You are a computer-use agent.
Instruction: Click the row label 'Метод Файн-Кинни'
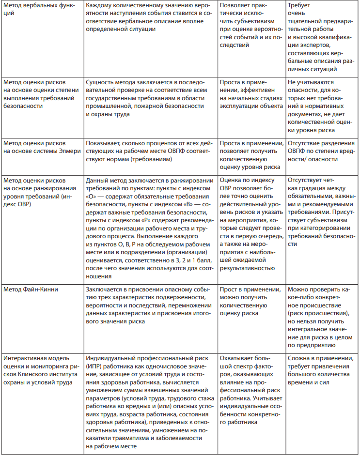coord(31,289)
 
